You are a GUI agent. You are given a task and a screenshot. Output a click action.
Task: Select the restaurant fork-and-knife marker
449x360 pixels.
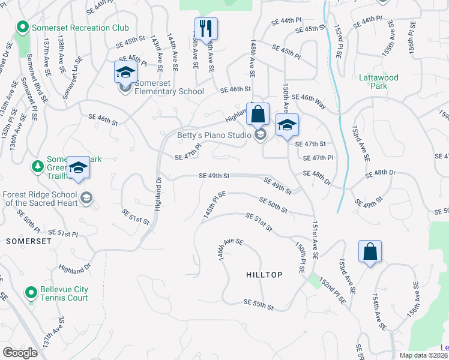pos(206,29)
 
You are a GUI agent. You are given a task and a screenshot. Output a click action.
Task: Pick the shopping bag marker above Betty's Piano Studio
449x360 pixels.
pos(258,113)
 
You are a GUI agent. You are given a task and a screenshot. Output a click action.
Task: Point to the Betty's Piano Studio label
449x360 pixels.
pos(214,135)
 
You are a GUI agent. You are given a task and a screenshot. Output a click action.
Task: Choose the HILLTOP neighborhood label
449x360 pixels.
pos(264,274)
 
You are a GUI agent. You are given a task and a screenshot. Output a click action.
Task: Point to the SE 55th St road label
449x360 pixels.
pos(259,305)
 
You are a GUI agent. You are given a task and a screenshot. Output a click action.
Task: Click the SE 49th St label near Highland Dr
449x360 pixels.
pos(214,176)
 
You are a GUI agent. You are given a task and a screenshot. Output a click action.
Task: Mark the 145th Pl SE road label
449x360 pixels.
pos(214,205)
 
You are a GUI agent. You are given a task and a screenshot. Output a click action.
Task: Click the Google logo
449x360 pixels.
pos(20,352)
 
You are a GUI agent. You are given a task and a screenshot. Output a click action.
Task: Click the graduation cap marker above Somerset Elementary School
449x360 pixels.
pos(125,72)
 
